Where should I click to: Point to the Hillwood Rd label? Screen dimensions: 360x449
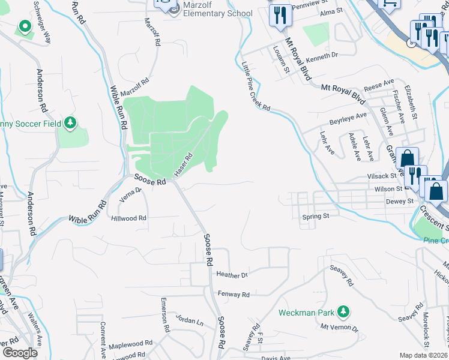128,218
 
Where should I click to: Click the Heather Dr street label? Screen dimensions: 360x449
232,275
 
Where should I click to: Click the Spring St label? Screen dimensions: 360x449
316,216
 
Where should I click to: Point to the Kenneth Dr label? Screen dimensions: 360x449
322,55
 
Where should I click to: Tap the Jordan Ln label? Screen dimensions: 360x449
191,322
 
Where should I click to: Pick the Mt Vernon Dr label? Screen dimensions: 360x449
339,328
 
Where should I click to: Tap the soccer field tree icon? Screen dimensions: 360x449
71,123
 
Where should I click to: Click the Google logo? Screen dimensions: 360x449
20,353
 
